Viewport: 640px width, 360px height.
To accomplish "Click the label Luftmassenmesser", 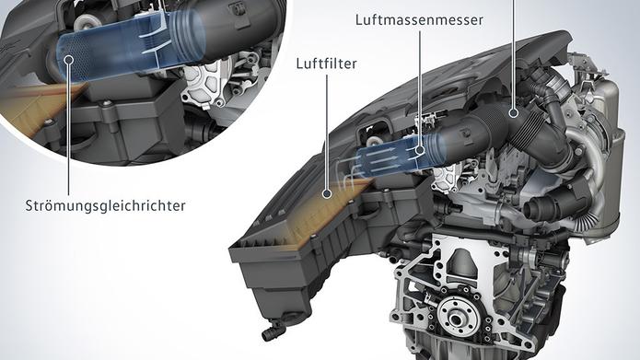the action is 419,20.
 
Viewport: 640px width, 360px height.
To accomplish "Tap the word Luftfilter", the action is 327,64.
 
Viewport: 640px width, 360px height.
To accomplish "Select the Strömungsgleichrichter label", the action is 105,205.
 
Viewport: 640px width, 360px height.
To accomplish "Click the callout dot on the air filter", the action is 327,193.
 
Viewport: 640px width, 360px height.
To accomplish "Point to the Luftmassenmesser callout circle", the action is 420,150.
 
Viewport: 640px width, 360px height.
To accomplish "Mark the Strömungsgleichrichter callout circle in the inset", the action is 68,60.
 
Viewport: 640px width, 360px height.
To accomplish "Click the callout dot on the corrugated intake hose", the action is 514,112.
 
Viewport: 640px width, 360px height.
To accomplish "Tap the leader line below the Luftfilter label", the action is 327,132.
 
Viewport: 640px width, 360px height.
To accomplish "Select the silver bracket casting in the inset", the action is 204,86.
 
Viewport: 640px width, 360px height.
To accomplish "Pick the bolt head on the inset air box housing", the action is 106,104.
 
